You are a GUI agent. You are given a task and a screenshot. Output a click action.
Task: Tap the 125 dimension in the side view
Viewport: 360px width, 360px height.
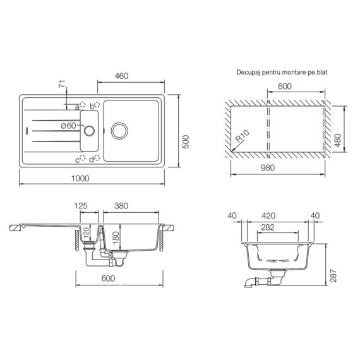80,206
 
